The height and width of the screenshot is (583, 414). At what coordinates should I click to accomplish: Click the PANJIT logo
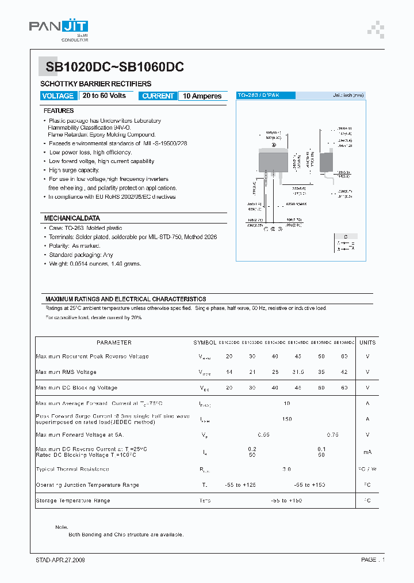tap(59, 27)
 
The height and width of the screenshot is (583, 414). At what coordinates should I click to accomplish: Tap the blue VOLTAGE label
tap(58, 96)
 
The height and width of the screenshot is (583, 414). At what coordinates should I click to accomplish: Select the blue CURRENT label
tap(158, 96)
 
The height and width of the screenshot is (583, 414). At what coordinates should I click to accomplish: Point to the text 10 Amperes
tap(202, 96)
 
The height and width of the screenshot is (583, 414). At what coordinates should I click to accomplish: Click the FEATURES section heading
tap(59, 111)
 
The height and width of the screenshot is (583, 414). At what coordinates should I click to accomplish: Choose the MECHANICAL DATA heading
tap(72, 218)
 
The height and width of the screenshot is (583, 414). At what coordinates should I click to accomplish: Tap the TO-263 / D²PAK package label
tap(259, 95)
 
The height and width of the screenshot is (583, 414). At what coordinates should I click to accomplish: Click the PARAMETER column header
tap(114, 342)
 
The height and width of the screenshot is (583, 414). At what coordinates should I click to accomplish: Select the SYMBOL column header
tap(205, 342)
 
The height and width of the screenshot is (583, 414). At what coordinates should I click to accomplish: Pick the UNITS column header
tap(367, 342)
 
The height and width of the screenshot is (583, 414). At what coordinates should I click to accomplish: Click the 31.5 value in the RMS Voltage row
tap(298, 372)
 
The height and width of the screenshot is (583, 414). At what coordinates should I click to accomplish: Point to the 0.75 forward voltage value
tap(332, 435)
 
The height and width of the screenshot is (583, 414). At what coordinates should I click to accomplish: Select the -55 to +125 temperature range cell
tap(241, 485)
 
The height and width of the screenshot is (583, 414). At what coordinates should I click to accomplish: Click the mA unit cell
tap(367, 452)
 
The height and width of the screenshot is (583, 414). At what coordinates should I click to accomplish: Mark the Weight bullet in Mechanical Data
tap(95, 264)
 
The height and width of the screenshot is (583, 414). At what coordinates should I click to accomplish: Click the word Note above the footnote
tap(62, 527)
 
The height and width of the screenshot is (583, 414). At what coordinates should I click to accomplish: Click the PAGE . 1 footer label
tap(373, 560)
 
